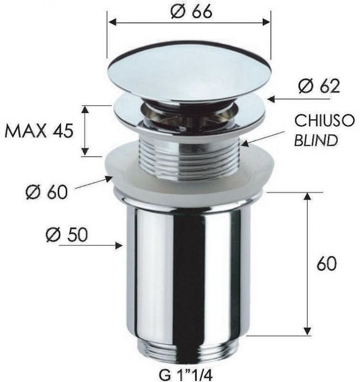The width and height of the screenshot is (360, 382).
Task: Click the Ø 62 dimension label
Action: pyautogui.click(x=319, y=86)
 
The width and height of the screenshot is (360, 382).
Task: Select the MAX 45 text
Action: pyautogui.click(x=39, y=131)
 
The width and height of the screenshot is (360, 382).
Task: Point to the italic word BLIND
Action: pyautogui.click(x=316, y=140)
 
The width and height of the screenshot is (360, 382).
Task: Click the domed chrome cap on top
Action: pyautogui.click(x=189, y=74)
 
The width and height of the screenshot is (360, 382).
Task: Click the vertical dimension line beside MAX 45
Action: pyautogui.click(x=86, y=131)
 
